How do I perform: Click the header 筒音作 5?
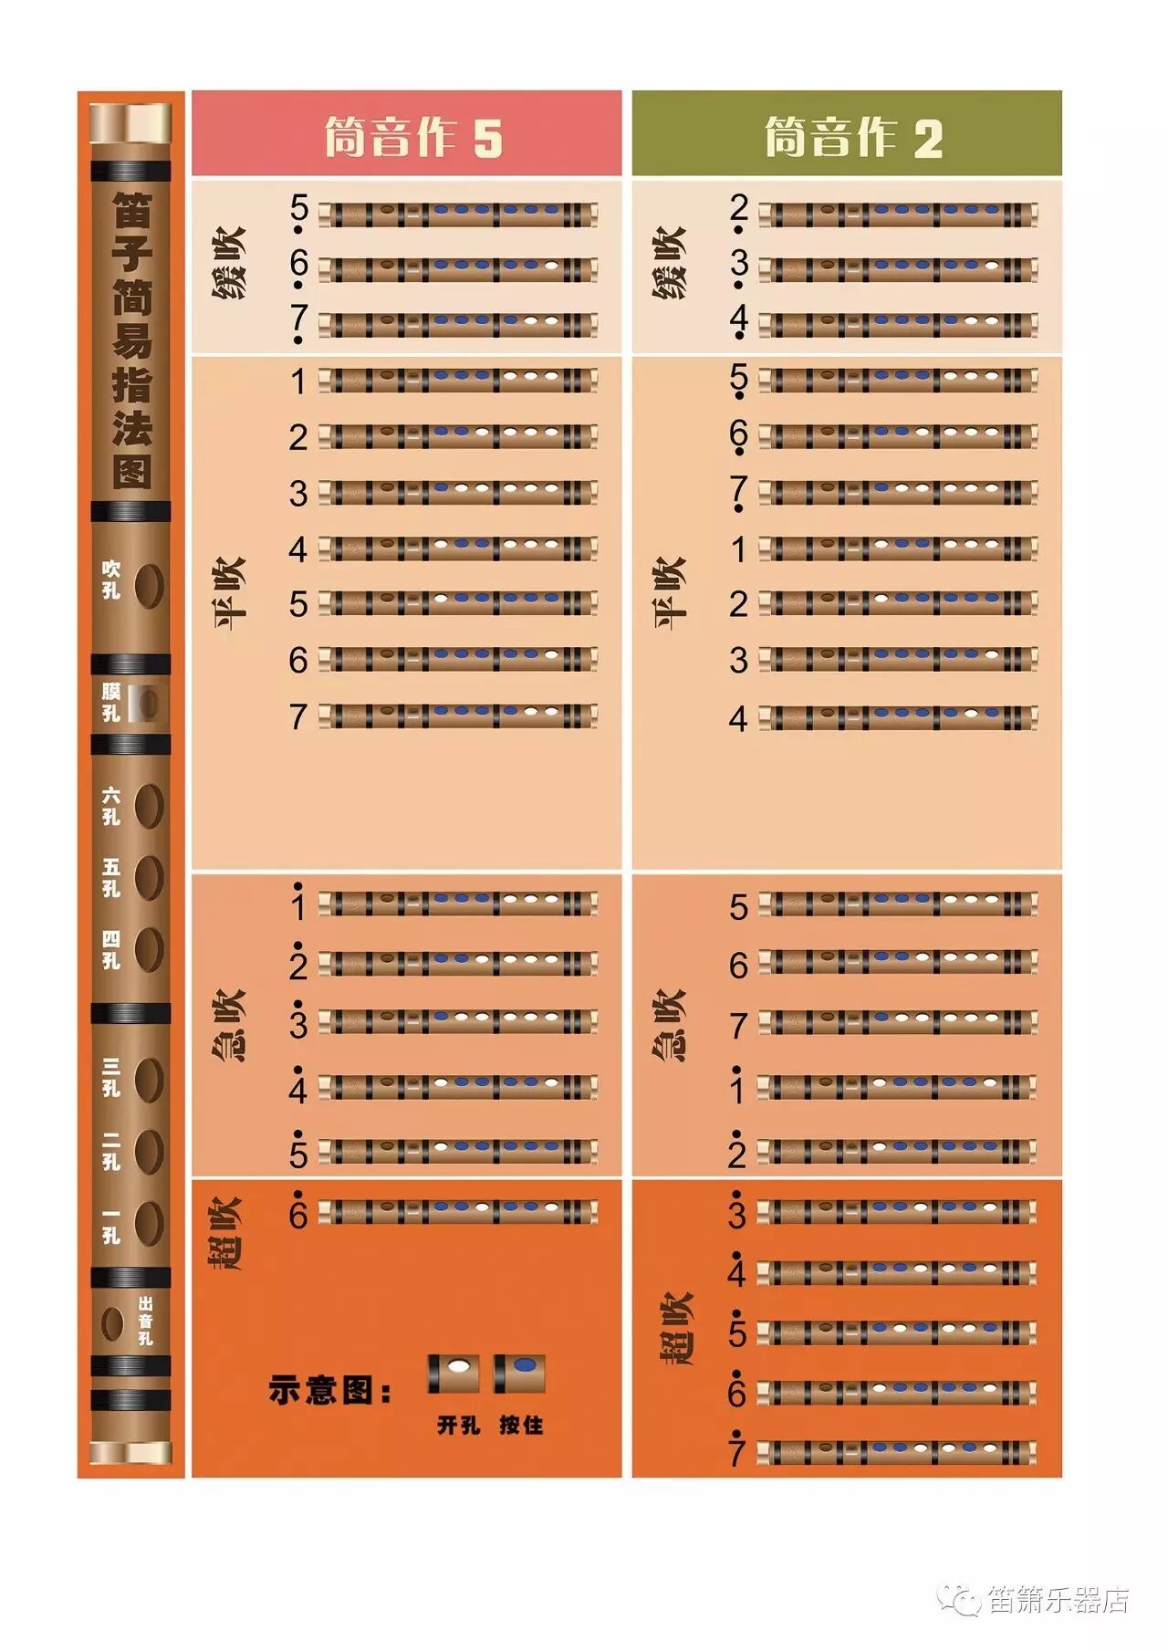pos(413,137)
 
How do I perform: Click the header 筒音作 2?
pos(853,137)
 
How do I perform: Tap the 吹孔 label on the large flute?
pos(111,580)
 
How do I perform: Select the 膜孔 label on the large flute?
pos(111,702)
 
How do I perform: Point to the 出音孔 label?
pos(145,1321)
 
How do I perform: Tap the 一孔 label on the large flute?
pos(111,1226)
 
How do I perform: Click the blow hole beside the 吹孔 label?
pos(149,585)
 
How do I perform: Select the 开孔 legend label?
pos(458,1425)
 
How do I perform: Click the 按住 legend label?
pos(521,1425)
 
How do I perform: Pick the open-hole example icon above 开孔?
pos(454,1374)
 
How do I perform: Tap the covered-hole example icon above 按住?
pos(521,1374)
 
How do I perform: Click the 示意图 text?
pos(329,1390)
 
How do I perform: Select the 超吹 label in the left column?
pos(225,1234)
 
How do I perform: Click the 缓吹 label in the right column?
pos(669,263)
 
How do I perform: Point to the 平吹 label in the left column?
pos(230,593)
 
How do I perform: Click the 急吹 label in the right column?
pos(669,1025)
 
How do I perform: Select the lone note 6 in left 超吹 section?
pos(297,1214)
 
